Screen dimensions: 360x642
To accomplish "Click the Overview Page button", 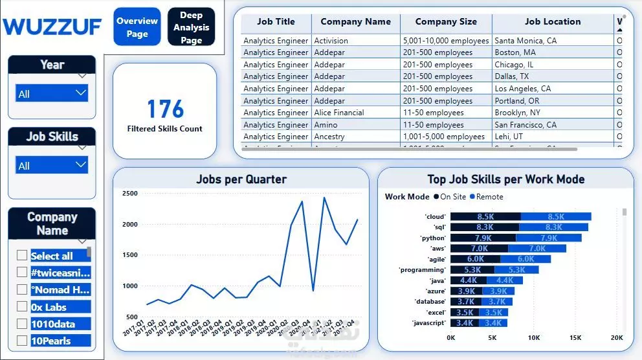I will tap(137, 27).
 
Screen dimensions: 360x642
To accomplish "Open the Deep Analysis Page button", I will tap(191, 27).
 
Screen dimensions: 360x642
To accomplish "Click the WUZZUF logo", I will tap(52, 27).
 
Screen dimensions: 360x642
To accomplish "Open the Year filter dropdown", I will tap(52, 94).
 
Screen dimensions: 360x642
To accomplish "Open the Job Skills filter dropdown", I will tap(52, 166).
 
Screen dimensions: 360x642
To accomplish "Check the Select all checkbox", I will tap(22, 256).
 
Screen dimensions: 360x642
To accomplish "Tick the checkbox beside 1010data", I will tap(22, 324).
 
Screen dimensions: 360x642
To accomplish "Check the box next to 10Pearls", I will tap(22, 341).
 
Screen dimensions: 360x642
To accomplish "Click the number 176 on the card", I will tap(165, 109).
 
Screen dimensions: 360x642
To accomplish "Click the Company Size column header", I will tap(446, 21).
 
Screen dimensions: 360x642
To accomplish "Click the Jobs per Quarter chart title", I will tap(241, 179).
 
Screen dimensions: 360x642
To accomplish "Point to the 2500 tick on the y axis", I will tap(129, 194).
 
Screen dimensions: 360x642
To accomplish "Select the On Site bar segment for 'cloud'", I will tap(485, 217).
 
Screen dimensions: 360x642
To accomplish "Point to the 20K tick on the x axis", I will tap(617, 337).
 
